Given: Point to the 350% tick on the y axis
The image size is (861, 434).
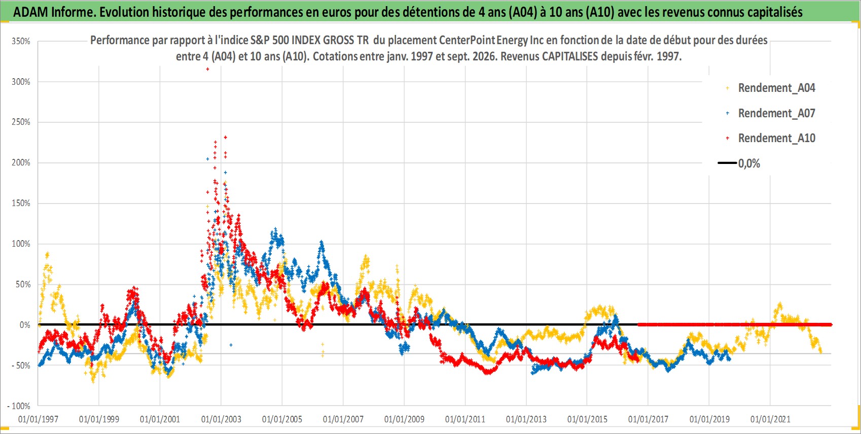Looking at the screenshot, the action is coord(21,41).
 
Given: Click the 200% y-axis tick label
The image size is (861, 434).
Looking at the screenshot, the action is coord(21,163).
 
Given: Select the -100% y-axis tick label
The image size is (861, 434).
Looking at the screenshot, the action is coord(18,406).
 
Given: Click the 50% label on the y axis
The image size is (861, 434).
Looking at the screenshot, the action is coord(23,284).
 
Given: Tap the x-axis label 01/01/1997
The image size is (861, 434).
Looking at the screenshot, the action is coord(38,419).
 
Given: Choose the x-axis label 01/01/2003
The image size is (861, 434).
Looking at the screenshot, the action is coord(221,419).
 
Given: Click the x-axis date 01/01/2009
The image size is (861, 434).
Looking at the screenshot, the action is coord(404,419).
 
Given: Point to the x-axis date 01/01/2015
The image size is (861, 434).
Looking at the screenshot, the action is coord(587,419).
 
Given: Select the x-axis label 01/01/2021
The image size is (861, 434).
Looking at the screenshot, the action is coord(770,419).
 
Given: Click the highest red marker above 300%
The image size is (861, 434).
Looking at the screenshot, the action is coord(207,69).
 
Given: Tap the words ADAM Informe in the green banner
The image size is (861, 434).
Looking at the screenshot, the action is coord(54,12).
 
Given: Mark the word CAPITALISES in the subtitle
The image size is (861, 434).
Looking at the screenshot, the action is coord(569,56).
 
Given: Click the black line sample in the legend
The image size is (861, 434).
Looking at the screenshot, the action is coord(727,163).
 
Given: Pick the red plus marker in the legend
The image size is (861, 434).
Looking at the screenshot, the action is coord(727,138).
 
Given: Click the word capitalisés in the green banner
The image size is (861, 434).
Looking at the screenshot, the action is coord(774,12).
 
